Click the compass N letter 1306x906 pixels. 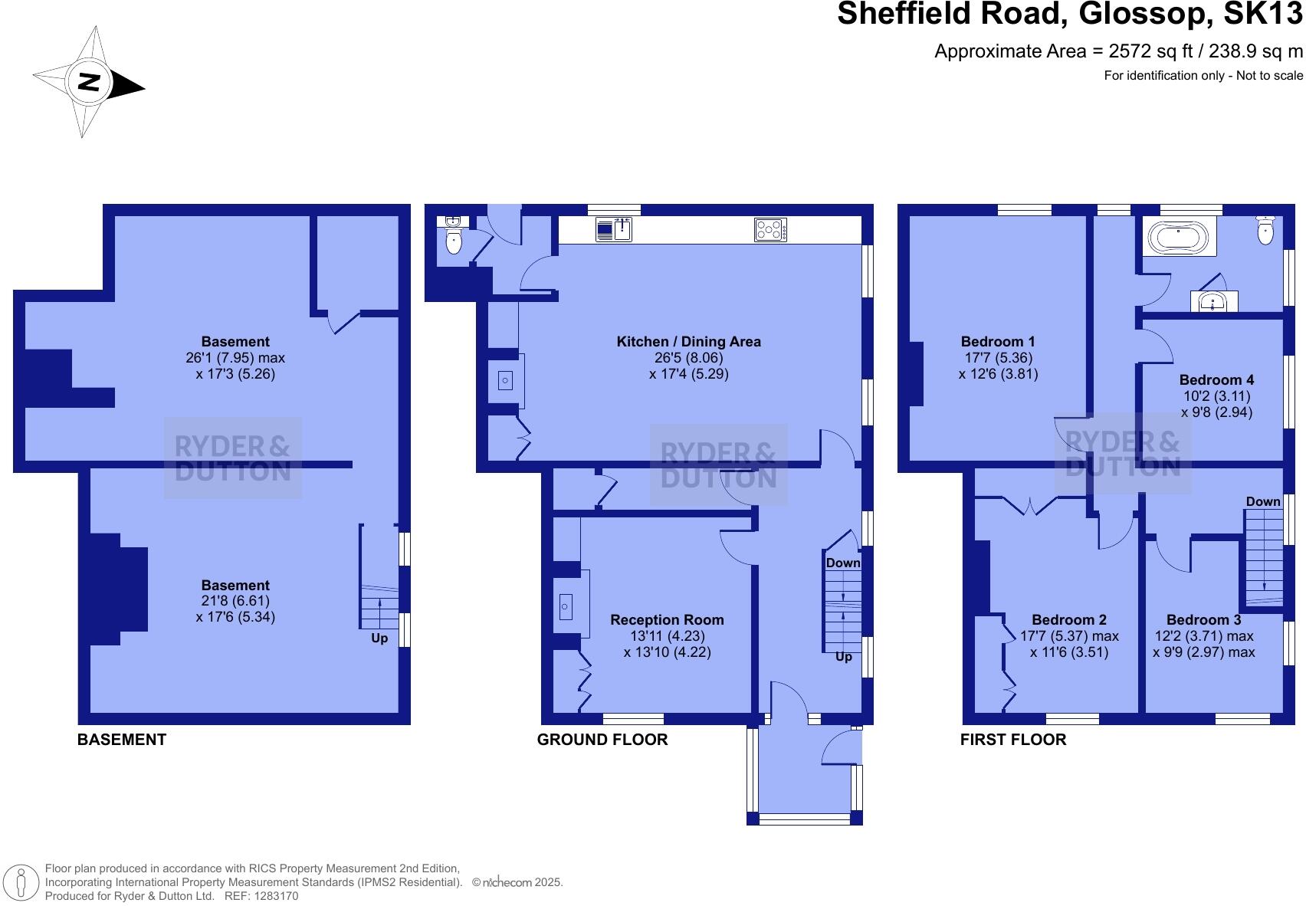pyautogui.click(x=90, y=82)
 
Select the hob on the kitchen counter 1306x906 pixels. pyautogui.click(x=770, y=229)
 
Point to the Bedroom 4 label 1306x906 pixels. pyautogui.click(x=1216, y=379)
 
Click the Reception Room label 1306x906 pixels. pyautogui.click(x=667, y=619)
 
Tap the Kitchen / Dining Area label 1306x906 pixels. pyautogui.click(x=688, y=341)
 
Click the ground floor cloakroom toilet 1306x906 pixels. pyautogui.click(x=454, y=242)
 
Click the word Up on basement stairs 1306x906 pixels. pyautogui.click(x=379, y=638)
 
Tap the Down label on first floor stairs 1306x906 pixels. pyautogui.click(x=1262, y=501)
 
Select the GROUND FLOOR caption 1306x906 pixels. pyautogui.click(x=602, y=739)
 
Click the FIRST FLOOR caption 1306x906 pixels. pyautogui.click(x=1012, y=739)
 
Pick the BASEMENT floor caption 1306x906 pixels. pyautogui.click(x=121, y=739)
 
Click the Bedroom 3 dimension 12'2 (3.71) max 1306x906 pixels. pyautogui.click(x=1203, y=635)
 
